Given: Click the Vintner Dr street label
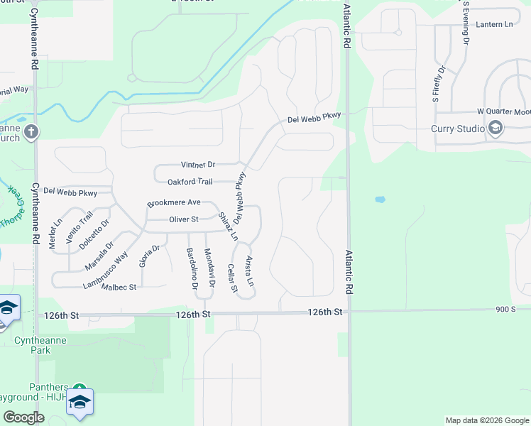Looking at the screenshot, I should tap(197, 164).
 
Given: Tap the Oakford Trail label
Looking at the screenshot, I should tap(190, 182).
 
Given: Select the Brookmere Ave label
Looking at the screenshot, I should tap(174, 202).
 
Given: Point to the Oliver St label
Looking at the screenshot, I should tap(183, 219).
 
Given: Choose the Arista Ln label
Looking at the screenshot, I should tap(249, 271).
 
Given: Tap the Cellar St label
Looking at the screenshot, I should tap(232, 278).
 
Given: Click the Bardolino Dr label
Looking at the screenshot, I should tap(191, 269).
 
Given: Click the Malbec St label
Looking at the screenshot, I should tap(119, 287).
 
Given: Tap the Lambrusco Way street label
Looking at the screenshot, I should tap(105, 271).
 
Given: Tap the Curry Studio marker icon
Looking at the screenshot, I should tap(496, 129).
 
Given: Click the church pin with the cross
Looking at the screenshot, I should tap(31, 131).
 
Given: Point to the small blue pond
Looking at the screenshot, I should tap(379, 200).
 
